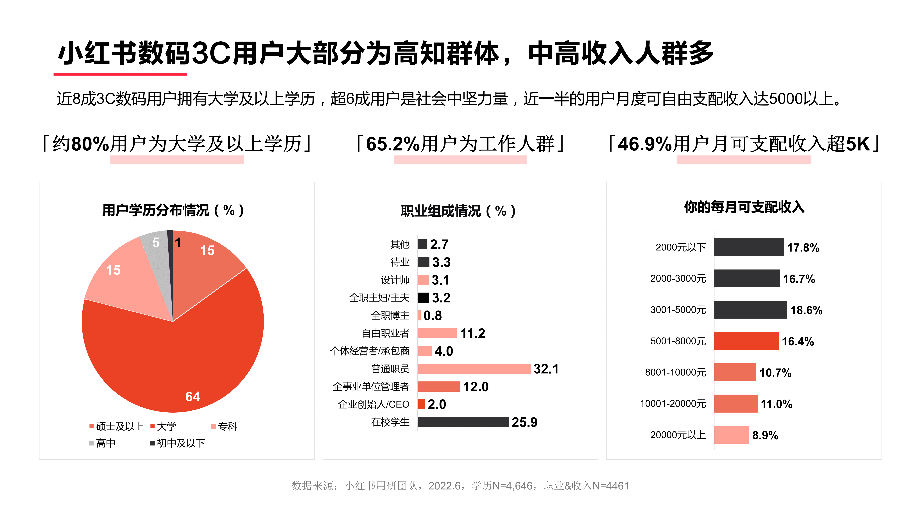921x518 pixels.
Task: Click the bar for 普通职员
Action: click(474, 368)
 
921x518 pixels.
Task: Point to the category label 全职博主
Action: click(390, 315)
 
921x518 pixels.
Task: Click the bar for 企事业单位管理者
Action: click(439, 386)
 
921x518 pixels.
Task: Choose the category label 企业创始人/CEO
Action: click(374, 404)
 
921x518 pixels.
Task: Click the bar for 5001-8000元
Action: click(746, 341)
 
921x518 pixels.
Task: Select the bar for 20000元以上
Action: click(732, 435)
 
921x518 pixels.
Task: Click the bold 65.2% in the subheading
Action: click(393, 144)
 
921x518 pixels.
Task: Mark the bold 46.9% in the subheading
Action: click(645, 144)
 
